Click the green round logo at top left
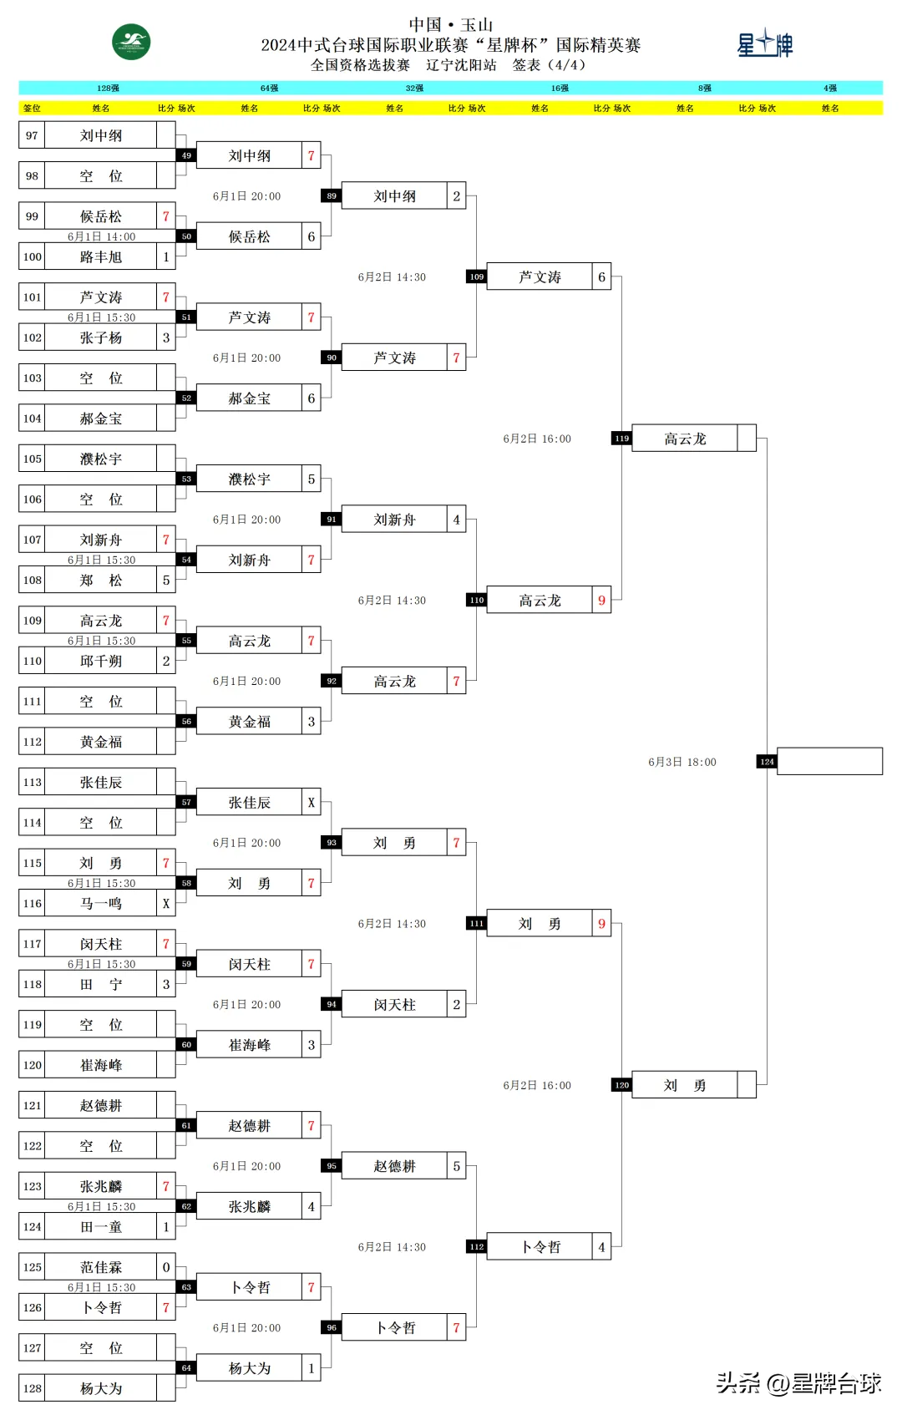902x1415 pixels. click(x=131, y=43)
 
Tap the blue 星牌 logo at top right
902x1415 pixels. click(x=764, y=43)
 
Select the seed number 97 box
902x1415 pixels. click(x=32, y=135)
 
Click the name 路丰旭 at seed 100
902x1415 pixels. click(x=101, y=257)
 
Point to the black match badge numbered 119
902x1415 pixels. click(x=621, y=439)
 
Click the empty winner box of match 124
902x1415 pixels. click(x=829, y=761)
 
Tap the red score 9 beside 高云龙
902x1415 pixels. click(x=601, y=601)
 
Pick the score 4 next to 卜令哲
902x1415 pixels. click(x=601, y=1247)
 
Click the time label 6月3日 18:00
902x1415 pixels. click(x=682, y=762)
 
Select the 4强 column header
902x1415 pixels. click(x=829, y=88)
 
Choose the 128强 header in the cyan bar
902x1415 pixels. click(x=108, y=88)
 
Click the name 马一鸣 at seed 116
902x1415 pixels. click(x=101, y=904)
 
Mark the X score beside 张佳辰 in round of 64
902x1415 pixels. click(x=311, y=803)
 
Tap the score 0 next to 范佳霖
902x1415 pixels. click(x=165, y=1267)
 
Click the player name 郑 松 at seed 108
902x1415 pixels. click(x=101, y=581)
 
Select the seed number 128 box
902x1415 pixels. click(x=32, y=1388)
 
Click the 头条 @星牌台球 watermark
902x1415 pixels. click(x=798, y=1383)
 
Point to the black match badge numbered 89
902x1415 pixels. click(x=332, y=196)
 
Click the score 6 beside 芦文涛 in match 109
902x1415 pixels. click(x=601, y=277)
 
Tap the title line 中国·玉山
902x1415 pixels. click(x=451, y=25)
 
